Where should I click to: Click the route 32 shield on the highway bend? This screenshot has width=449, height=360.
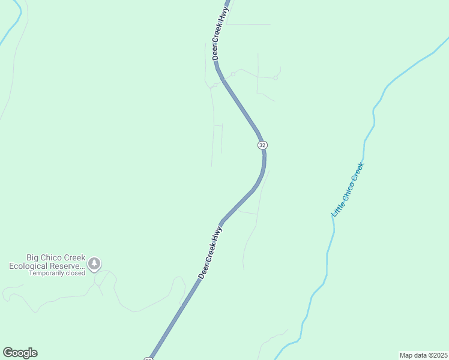(262, 145)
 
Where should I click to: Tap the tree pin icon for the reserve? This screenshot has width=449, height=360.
(94, 263)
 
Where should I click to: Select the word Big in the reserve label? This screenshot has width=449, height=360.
(33, 257)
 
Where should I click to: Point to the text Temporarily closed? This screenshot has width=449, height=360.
(57, 273)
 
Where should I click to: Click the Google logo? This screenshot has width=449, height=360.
(20, 353)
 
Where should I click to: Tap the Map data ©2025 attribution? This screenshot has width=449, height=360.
(423, 355)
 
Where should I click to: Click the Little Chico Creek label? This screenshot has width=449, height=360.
(348, 189)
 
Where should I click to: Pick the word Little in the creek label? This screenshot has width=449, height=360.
(336, 209)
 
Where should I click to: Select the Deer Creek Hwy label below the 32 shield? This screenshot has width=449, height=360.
(211, 252)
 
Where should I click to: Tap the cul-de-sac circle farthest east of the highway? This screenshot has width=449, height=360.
(276, 77)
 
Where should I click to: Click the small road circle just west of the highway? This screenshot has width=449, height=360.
(215, 85)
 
